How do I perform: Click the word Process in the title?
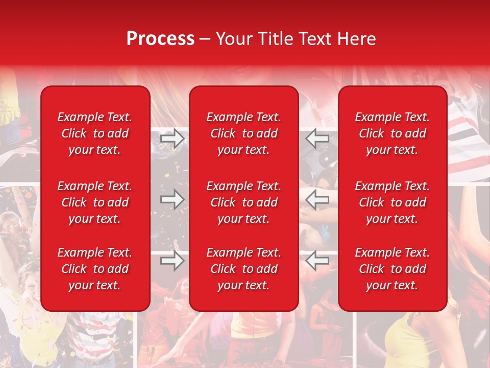[160, 39]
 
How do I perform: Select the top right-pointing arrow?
[173, 139]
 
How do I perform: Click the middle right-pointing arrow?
[173, 199]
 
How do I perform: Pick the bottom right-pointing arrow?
[173, 260]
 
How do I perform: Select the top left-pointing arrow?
[317, 139]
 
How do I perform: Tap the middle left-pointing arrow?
[317, 199]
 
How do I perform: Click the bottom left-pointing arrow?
[317, 260]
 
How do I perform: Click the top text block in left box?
[95, 133]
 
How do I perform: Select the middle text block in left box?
[95, 202]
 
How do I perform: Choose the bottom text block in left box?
[95, 269]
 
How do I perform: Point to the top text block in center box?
[243, 133]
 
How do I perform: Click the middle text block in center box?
[243, 202]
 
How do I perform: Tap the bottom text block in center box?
[243, 269]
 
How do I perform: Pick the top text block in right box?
[392, 133]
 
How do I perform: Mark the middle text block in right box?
[392, 202]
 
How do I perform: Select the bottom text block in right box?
[392, 269]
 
